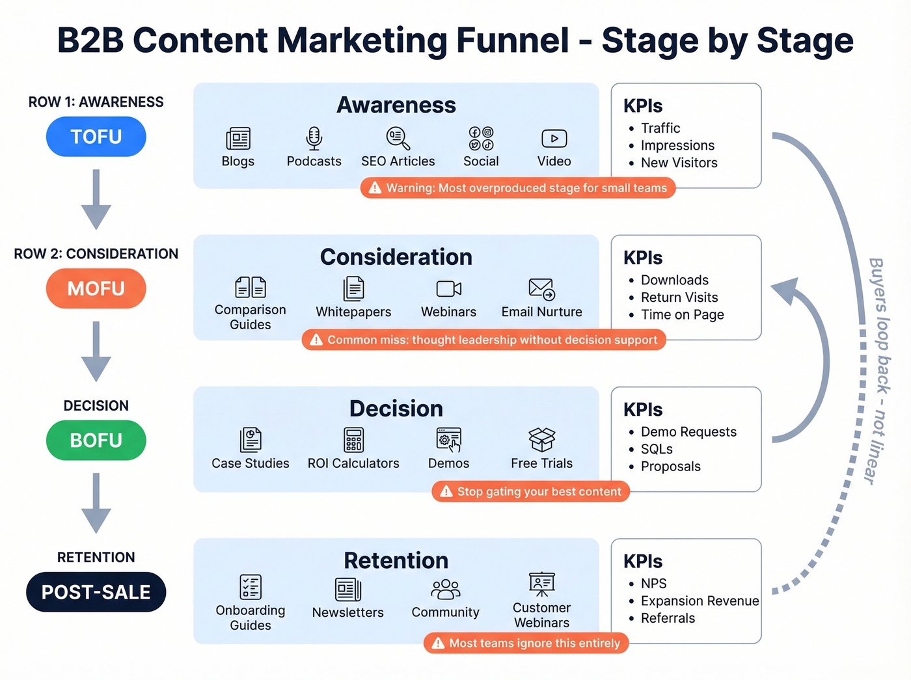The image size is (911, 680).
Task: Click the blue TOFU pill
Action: tap(96, 137)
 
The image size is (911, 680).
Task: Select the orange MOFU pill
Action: tap(96, 288)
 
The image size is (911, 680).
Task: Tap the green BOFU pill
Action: tap(96, 441)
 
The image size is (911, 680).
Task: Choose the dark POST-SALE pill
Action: tap(96, 592)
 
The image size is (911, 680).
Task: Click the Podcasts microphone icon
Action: tap(314, 138)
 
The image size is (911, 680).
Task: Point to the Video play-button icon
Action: tap(554, 139)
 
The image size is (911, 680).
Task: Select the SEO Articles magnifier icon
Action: tap(398, 138)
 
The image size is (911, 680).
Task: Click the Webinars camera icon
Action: tap(448, 289)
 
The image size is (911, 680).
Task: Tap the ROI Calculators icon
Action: tap(353, 440)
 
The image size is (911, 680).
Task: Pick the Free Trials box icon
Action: tap(541, 440)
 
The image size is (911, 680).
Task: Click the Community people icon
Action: tap(445, 590)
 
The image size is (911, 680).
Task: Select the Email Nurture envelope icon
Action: tap(541, 289)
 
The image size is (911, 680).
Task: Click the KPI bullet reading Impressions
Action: tap(677, 146)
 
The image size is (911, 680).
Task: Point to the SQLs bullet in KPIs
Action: tap(657, 449)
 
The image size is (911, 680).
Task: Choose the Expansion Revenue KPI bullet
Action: tap(700, 601)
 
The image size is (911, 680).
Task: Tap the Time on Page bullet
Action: tap(682, 315)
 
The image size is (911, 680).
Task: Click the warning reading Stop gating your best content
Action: tap(531, 492)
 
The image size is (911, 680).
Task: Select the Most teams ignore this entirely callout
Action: tap(526, 644)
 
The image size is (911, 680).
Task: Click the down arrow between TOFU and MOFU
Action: tap(96, 199)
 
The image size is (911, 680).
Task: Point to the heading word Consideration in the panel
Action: tap(396, 257)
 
